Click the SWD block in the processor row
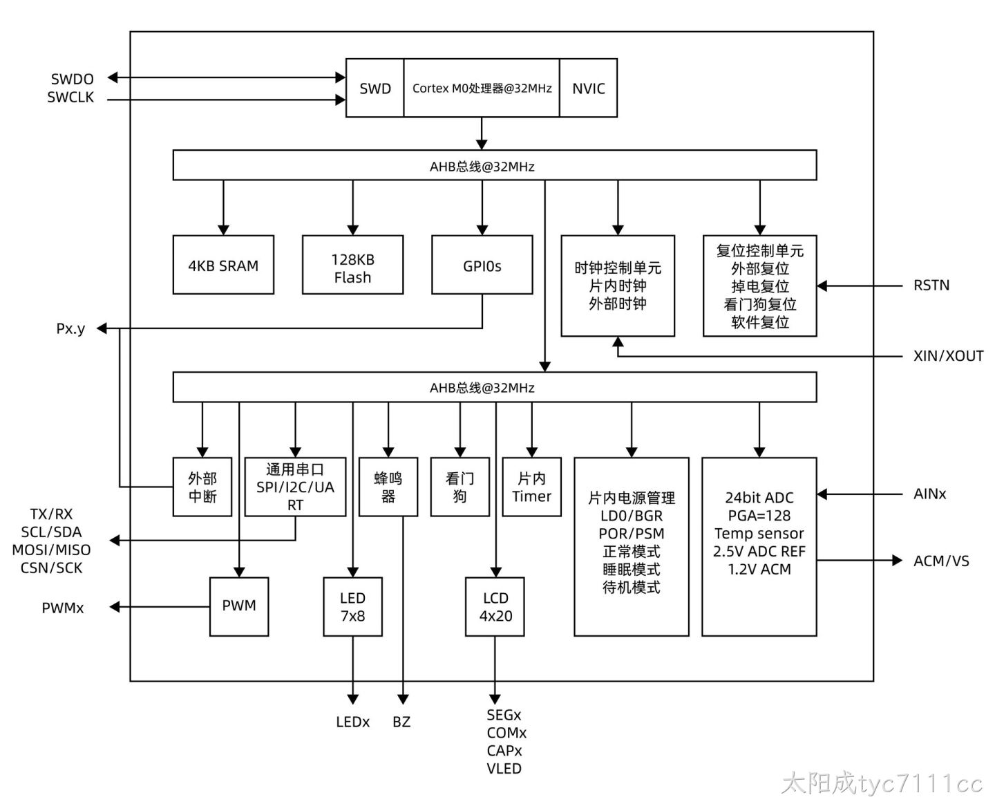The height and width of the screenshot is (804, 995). (x=375, y=88)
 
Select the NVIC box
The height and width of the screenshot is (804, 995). (x=588, y=88)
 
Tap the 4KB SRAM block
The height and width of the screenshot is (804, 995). (x=223, y=265)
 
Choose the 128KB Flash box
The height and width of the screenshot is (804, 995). (x=352, y=265)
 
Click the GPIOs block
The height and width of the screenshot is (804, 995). (x=482, y=265)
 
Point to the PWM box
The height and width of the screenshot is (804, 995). (x=239, y=606)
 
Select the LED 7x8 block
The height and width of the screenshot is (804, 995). (x=352, y=606)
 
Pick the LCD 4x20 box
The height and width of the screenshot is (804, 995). (x=495, y=606)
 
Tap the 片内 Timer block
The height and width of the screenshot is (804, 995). (x=531, y=487)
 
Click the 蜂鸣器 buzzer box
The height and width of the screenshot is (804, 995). (x=388, y=487)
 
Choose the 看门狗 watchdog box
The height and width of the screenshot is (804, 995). (x=460, y=487)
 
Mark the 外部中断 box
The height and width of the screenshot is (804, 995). (x=202, y=487)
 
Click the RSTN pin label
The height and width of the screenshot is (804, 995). (x=931, y=285)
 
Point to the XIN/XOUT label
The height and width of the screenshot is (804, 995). (x=948, y=356)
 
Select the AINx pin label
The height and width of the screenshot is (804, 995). (x=929, y=494)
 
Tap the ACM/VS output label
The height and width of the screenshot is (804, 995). (x=941, y=561)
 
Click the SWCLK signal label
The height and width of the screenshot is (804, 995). (x=70, y=97)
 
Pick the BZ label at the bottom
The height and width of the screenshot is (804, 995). (x=401, y=722)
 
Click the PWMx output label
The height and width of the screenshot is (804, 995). (x=63, y=608)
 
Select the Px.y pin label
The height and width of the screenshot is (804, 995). (x=70, y=328)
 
